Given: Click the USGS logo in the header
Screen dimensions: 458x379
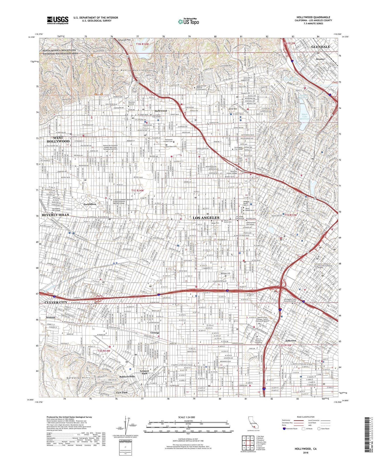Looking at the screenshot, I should click(58, 20).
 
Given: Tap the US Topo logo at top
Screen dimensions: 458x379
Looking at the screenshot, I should click(188, 21).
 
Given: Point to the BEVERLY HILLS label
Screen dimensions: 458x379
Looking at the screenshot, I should click(55, 215).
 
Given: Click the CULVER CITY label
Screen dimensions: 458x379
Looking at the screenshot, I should click(56, 302).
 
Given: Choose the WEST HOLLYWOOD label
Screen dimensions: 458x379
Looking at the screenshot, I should click(58, 139).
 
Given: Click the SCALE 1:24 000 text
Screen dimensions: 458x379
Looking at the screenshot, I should click(188, 417).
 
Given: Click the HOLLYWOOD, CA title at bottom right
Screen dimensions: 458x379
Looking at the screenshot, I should click(305, 449).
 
